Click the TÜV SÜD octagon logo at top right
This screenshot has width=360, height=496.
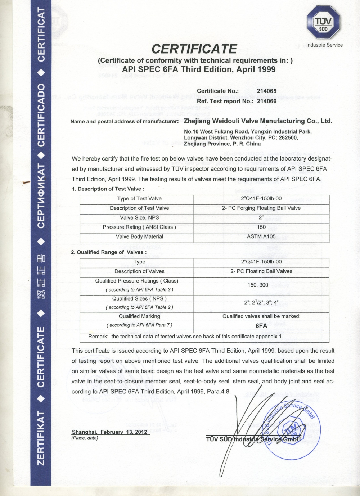tap(323, 23)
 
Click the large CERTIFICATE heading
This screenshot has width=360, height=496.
tap(194, 49)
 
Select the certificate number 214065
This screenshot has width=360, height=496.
tap(266, 91)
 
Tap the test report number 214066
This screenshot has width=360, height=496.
tap(266, 101)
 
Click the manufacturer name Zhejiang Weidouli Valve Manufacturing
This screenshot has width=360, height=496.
tap(258, 121)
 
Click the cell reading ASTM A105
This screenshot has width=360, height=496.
tap(261, 236)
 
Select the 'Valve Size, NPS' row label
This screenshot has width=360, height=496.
tap(139, 217)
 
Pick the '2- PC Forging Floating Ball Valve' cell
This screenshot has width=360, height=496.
tap(261, 208)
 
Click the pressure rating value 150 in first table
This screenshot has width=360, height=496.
tap(261, 227)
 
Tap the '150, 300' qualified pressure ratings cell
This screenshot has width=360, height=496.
tap(258, 285)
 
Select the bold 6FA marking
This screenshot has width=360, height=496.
tap(261, 326)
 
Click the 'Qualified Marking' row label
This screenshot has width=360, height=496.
tap(139, 316)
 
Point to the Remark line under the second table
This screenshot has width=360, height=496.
tap(186, 337)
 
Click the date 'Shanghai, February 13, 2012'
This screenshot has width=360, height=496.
tap(110, 432)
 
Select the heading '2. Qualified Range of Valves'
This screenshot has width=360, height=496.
tap(109, 252)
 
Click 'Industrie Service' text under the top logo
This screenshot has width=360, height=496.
tap(324, 45)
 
